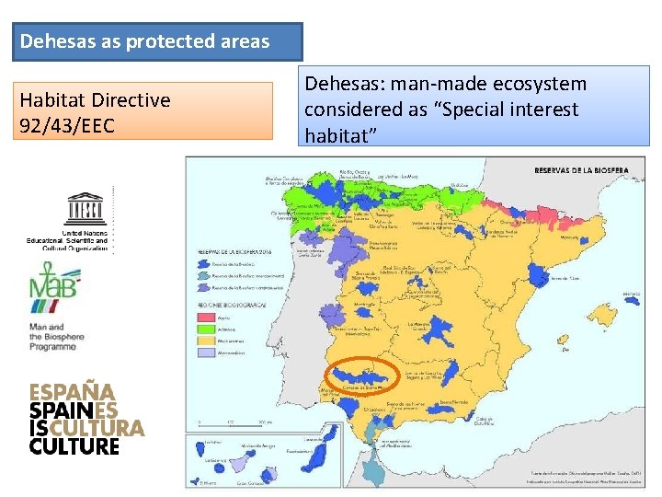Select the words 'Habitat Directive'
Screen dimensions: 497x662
(x=96, y=99)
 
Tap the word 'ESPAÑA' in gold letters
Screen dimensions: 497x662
(x=72, y=391)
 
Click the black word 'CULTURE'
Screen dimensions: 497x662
(x=75, y=446)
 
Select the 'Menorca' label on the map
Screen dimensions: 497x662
(x=632, y=295)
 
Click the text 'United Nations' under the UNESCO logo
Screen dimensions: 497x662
(x=85, y=234)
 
